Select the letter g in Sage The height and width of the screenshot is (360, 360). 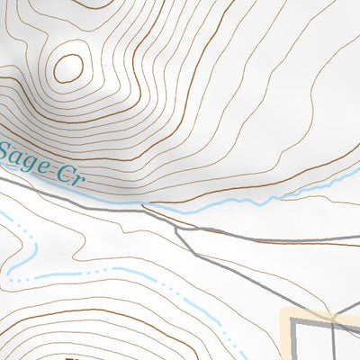tap(30, 160)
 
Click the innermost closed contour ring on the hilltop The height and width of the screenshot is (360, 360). tap(67, 66)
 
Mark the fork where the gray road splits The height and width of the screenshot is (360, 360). tap(176, 227)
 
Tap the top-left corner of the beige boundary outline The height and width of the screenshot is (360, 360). tap(286, 312)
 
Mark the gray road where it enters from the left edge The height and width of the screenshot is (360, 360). tap(2, 178)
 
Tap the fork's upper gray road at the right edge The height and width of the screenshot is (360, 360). tap(357, 241)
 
